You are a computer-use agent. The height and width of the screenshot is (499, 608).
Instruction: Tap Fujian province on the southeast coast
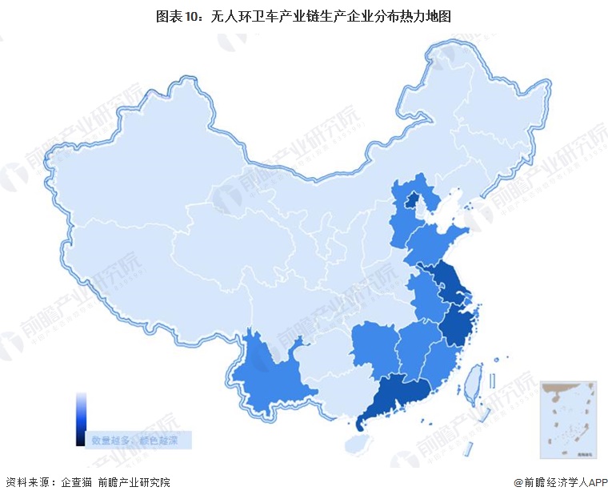(441, 358)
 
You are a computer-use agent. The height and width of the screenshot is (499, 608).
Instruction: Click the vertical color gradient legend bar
(81, 418)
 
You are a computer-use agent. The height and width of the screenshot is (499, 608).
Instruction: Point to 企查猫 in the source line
(78, 482)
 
